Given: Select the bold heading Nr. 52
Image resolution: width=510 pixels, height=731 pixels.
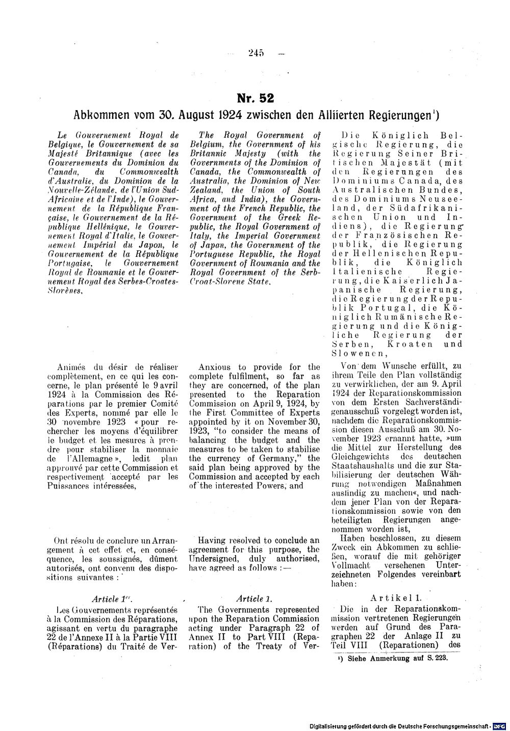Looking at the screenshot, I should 254,97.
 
